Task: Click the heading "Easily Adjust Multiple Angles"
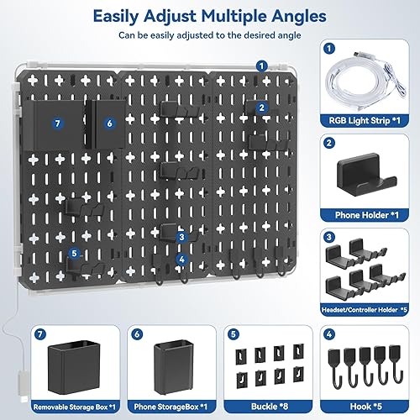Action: coord(209,17)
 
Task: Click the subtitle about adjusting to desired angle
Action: coord(209,36)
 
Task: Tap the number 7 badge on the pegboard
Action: coord(57,123)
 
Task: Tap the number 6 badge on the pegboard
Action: coord(109,123)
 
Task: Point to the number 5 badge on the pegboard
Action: coord(74,252)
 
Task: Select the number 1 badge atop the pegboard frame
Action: coord(263,65)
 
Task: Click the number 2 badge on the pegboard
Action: coord(262,108)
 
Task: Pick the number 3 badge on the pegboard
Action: coord(181,238)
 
